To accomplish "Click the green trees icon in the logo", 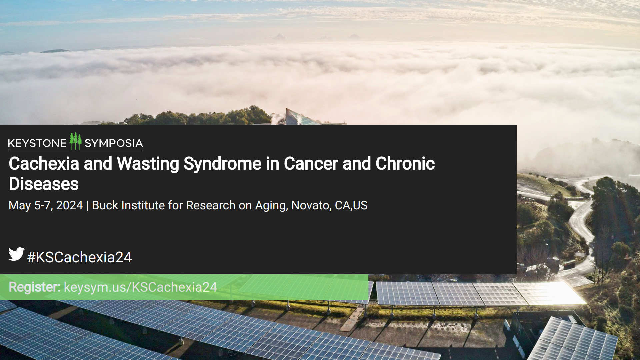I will pyautogui.click(x=75, y=141).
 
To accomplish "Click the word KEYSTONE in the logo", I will pyautogui.click(x=37, y=143).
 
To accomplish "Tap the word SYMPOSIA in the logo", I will pyautogui.click(x=114, y=143).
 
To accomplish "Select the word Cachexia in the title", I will pyautogui.click(x=44, y=164).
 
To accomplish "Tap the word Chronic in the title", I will pyautogui.click(x=405, y=164).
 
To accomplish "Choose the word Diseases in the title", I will pyautogui.click(x=44, y=184).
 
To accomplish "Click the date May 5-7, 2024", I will pyautogui.click(x=46, y=205).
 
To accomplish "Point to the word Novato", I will pyautogui.click(x=311, y=205).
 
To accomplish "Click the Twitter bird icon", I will pyautogui.click(x=16, y=254).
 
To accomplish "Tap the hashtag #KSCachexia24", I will pyautogui.click(x=79, y=257).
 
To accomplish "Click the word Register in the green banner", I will pyautogui.click(x=34, y=287).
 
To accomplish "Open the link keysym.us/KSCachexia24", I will pyautogui.click(x=140, y=287).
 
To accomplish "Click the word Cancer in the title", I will pyautogui.click(x=311, y=164).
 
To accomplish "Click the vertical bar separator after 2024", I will pyautogui.click(x=87, y=206).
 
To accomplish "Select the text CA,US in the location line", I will pyautogui.click(x=351, y=205).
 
